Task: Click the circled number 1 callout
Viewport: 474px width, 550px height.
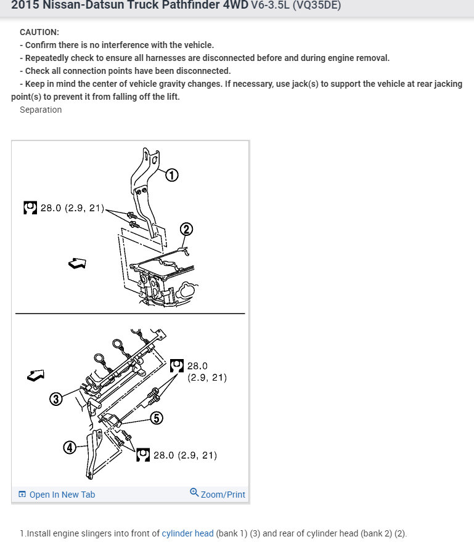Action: tap(172, 176)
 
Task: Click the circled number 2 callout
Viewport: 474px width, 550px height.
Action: tap(186, 230)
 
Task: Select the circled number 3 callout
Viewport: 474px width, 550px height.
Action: tap(56, 399)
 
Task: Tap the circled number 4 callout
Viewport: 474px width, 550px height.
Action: tap(70, 448)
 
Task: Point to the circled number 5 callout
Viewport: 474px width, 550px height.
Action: tap(156, 418)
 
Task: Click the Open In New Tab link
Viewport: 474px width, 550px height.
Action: tap(62, 495)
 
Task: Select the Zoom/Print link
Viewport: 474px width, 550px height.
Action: tap(223, 494)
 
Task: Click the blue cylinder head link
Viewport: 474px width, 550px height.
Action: tap(187, 533)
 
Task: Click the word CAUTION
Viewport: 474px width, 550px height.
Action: tap(39, 32)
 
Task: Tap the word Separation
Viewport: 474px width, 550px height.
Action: tap(41, 110)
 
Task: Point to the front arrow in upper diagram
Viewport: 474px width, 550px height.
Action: tap(77, 264)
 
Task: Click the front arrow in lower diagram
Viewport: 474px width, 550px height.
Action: tap(36, 374)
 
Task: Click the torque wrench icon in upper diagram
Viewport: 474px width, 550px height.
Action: tap(30, 208)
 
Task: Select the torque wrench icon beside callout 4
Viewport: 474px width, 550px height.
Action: tap(143, 455)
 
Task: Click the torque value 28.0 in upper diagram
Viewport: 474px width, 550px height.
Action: tap(51, 208)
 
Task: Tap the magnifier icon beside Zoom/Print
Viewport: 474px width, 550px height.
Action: tap(194, 493)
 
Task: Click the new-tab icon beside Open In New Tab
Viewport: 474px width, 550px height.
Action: tap(22, 495)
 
